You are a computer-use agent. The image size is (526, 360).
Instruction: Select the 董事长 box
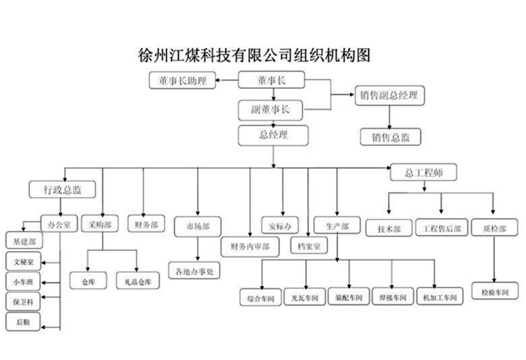pos(272,81)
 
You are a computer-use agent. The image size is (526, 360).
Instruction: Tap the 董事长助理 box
pos(182,82)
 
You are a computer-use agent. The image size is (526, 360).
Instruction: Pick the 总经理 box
pos(273,135)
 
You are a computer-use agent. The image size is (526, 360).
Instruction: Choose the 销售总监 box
pos(390,137)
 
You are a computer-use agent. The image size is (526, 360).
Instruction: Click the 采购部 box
pos(100,224)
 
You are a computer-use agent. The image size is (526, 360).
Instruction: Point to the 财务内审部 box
pos(250,247)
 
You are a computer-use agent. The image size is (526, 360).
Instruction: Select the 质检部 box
pos(495,229)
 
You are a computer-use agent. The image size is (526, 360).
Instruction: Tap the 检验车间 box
pos(495,292)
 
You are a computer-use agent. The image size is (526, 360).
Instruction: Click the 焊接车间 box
pos(392,297)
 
